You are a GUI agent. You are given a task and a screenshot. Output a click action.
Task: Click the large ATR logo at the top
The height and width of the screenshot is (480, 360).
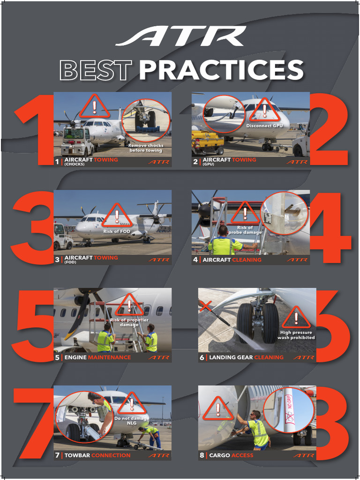(180, 37)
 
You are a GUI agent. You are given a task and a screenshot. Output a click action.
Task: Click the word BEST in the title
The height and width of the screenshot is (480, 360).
(95, 70)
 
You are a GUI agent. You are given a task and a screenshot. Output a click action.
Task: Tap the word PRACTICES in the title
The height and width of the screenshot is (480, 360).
(221, 70)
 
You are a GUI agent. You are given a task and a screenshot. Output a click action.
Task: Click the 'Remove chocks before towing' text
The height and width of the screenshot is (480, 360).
(146, 148)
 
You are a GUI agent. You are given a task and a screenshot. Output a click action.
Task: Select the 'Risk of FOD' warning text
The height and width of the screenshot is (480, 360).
(117, 231)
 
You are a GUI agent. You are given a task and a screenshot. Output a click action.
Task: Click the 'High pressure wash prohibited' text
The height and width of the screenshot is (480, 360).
(296, 335)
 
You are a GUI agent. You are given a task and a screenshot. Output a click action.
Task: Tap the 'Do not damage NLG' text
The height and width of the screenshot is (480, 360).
(132, 420)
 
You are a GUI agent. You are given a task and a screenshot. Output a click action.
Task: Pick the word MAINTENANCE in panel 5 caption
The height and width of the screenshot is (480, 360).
(109, 358)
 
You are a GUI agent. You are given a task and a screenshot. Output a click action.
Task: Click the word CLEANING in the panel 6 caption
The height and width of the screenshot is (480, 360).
(269, 358)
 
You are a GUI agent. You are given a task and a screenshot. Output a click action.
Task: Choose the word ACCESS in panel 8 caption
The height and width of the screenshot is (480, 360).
(242, 455)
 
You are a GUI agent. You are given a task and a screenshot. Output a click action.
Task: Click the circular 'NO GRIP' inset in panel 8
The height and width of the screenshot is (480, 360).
(288, 410)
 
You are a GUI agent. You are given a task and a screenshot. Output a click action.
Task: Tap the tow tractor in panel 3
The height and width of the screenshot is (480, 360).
(62, 237)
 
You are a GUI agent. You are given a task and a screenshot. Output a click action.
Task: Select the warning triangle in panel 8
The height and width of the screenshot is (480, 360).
(218, 409)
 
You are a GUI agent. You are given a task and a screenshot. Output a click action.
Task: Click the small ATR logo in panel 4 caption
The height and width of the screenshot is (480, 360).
(297, 260)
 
